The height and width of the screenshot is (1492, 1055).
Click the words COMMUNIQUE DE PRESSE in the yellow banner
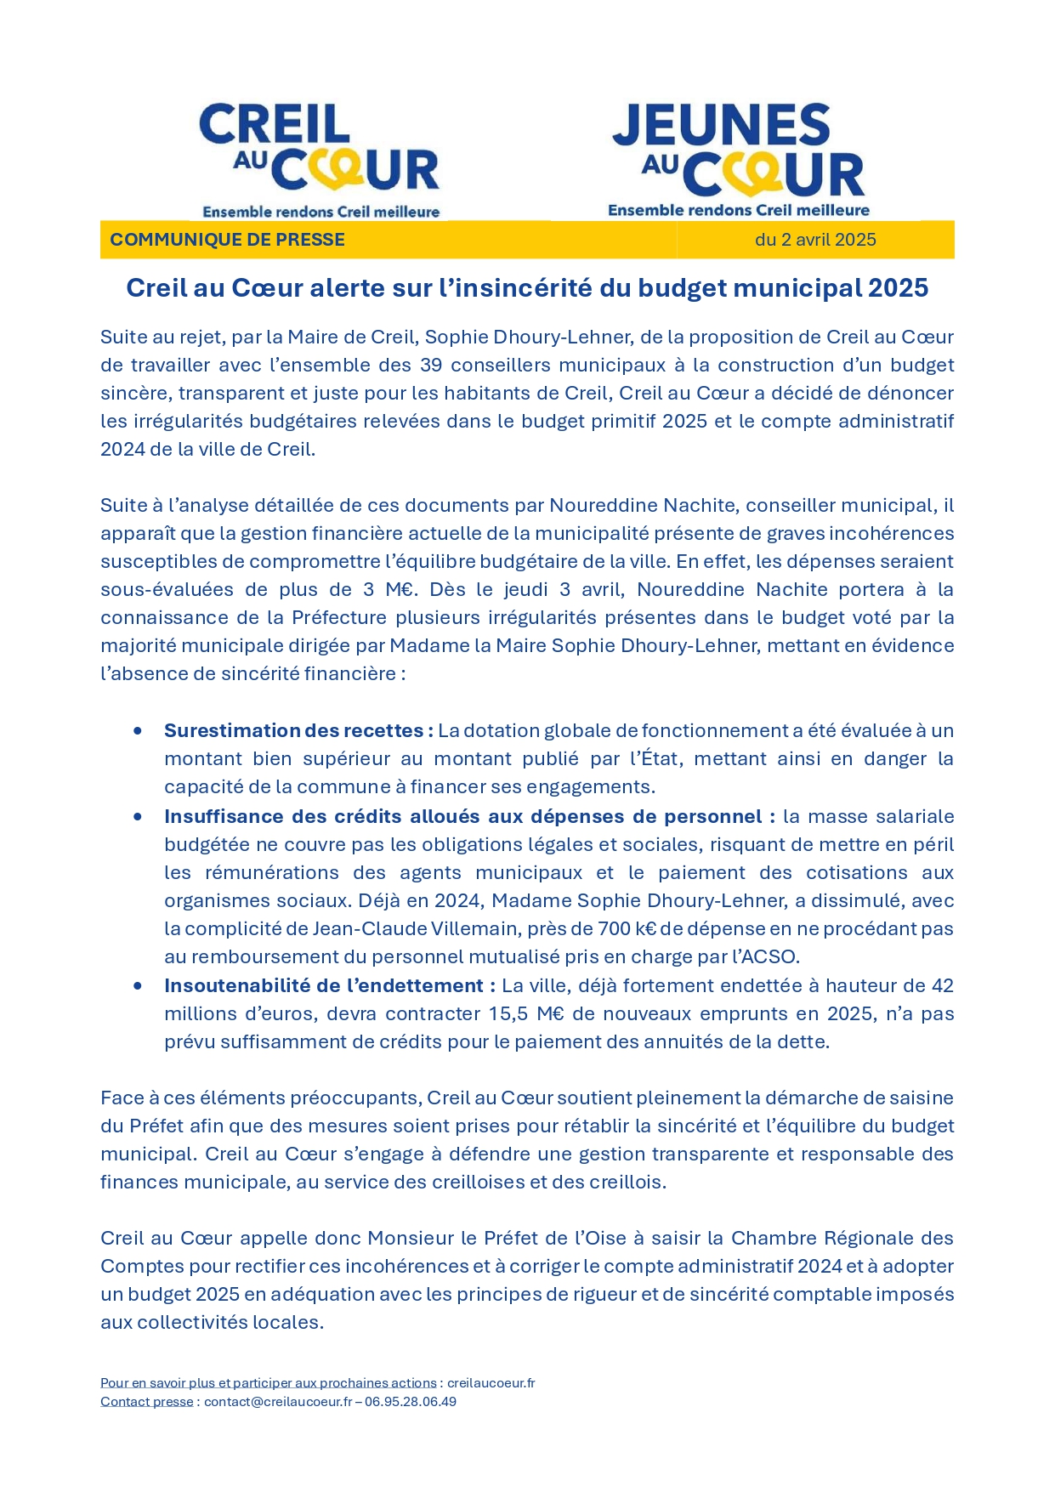point(227,240)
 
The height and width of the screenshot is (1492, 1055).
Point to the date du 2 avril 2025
point(814,240)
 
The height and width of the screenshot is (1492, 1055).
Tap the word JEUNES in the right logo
point(721,125)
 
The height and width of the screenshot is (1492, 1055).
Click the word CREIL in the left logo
point(275,124)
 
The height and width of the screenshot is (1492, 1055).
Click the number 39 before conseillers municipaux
point(432,365)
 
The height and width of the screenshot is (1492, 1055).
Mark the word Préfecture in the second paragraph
point(337,617)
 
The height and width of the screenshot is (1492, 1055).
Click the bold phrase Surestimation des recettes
point(298,730)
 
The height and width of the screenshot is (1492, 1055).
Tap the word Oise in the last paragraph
point(635,1238)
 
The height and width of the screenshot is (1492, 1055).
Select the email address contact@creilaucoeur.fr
point(277,1401)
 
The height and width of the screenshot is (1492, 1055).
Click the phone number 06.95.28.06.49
point(411,1401)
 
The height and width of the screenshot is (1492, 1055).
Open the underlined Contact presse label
point(146,1401)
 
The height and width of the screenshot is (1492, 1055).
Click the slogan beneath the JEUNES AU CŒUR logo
point(738,210)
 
